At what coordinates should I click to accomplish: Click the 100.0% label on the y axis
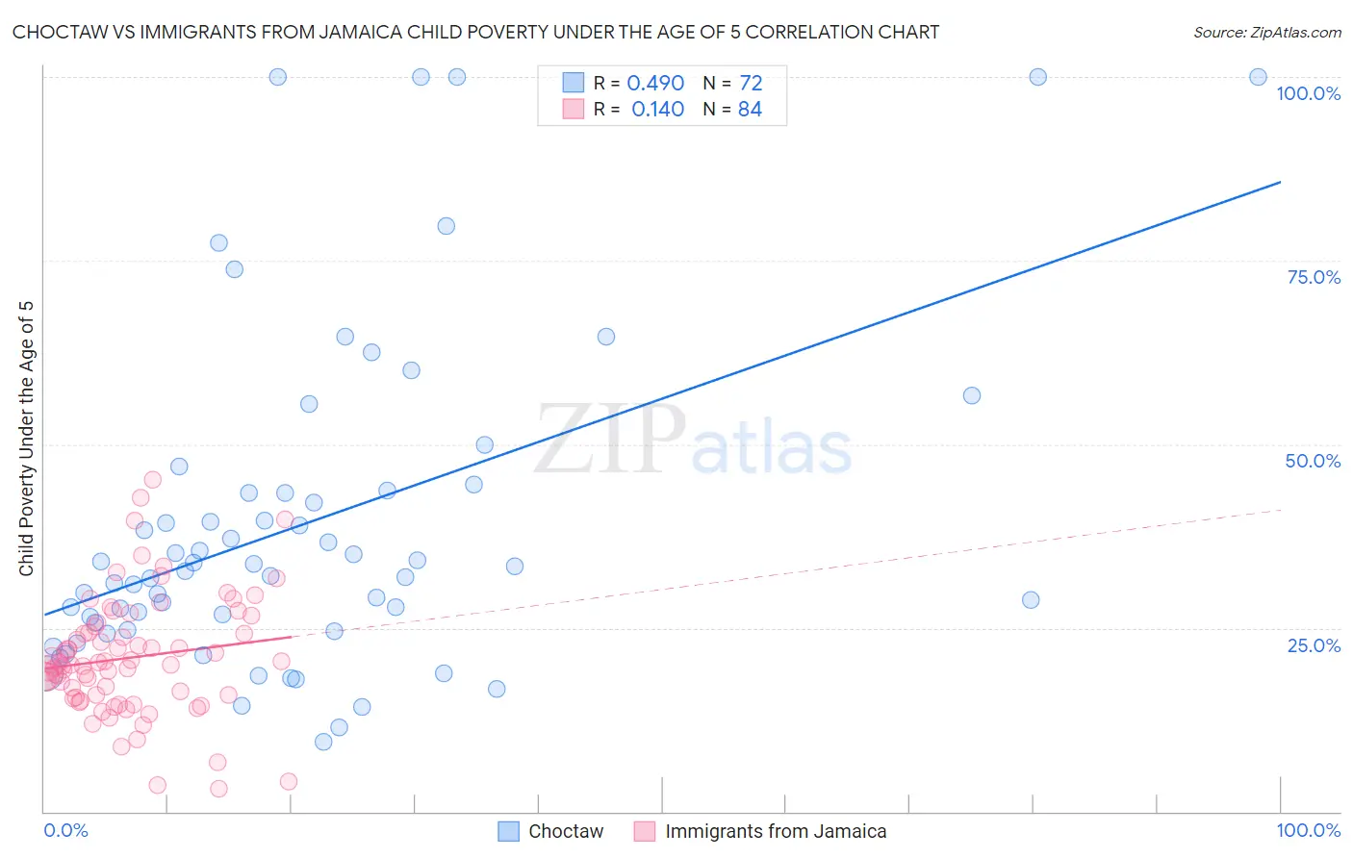pyautogui.click(x=1308, y=93)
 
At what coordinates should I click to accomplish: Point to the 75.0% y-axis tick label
pyautogui.click(x=1314, y=277)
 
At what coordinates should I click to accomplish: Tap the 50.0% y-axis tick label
pyautogui.click(x=1313, y=461)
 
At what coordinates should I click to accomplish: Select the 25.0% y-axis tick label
pyautogui.click(x=1314, y=645)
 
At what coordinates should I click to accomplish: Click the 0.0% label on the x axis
pyautogui.click(x=65, y=830)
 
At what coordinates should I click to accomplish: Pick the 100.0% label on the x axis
pyautogui.click(x=1308, y=830)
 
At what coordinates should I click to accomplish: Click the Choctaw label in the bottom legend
pyautogui.click(x=566, y=831)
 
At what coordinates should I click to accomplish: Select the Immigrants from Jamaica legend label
pyautogui.click(x=776, y=831)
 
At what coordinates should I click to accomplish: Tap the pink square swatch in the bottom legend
pyautogui.click(x=644, y=831)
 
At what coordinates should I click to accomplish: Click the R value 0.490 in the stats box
pyautogui.click(x=655, y=84)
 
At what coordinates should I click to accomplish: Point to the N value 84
pyautogui.click(x=750, y=110)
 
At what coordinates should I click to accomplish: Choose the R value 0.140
pyautogui.click(x=657, y=110)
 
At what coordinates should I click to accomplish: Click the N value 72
pyautogui.click(x=751, y=84)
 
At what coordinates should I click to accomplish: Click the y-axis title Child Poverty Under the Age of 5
pyautogui.click(x=26, y=439)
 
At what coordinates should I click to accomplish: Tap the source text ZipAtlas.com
pyautogui.click(x=1266, y=33)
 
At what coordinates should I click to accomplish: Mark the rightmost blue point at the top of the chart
pyautogui.click(x=1258, y=77)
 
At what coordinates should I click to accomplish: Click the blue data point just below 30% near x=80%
pyautogui.click(x=1031, y=600)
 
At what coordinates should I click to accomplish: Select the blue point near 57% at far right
pyautogui.click(x=972, y=395)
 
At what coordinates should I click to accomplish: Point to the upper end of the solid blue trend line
pyautogui.click(x=1280, y=182)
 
